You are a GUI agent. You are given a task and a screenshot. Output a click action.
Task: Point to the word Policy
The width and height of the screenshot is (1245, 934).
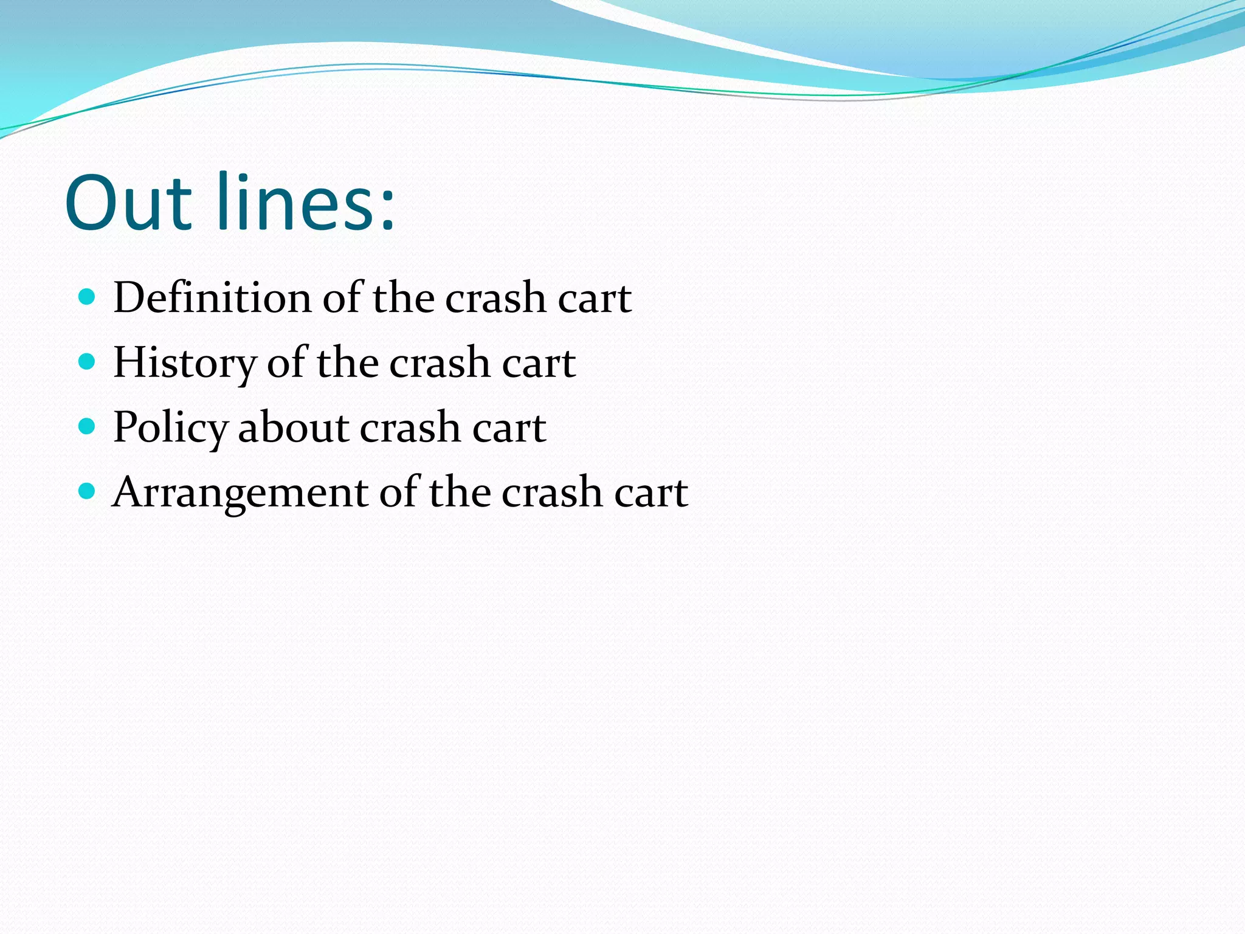(170, 427)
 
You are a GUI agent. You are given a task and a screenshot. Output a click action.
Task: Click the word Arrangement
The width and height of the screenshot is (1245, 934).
(241, 492)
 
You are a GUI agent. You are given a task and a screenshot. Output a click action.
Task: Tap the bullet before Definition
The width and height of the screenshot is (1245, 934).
(88, 297)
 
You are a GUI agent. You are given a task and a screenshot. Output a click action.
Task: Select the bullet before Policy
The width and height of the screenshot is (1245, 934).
(88, 427)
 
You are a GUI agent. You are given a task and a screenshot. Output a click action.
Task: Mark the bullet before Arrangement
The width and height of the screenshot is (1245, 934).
(88, 491)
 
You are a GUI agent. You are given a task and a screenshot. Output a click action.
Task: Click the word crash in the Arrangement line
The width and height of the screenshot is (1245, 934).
(552, 493)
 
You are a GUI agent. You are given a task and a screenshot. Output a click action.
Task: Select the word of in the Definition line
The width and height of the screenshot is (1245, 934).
(342, 298)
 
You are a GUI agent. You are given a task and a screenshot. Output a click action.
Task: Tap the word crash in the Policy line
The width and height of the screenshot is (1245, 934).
(410, 428)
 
